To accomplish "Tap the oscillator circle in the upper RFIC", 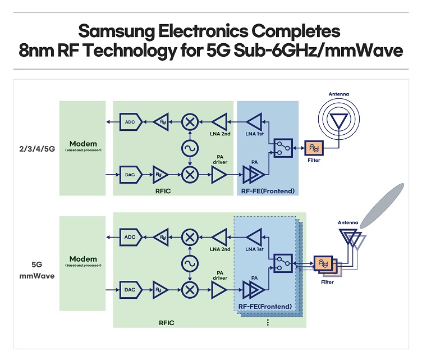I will (191, 148).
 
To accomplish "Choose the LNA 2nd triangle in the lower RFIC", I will (219, 236).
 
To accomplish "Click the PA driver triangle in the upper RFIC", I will (218, 176).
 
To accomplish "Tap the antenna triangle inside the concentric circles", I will (338, 120).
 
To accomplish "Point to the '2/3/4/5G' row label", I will (35, 149).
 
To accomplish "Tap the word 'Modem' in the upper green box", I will (82, 144).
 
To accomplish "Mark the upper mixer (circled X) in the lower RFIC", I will (191, 236).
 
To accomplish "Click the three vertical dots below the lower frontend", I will (268, 322).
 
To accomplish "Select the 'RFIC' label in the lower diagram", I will (166, 322).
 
